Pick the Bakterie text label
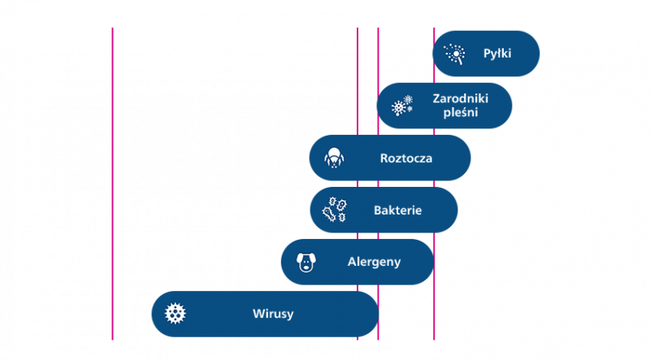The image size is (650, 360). tap(397, 210)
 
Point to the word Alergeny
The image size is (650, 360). tap(374, 262)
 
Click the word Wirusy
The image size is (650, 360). tap(273, 313)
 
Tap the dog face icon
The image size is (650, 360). tap(306, 262)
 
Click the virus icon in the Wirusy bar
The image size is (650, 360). tap(175, 313)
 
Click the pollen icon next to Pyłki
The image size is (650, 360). tap(454, 54)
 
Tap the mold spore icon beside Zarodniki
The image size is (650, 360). tap(402, 106)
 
